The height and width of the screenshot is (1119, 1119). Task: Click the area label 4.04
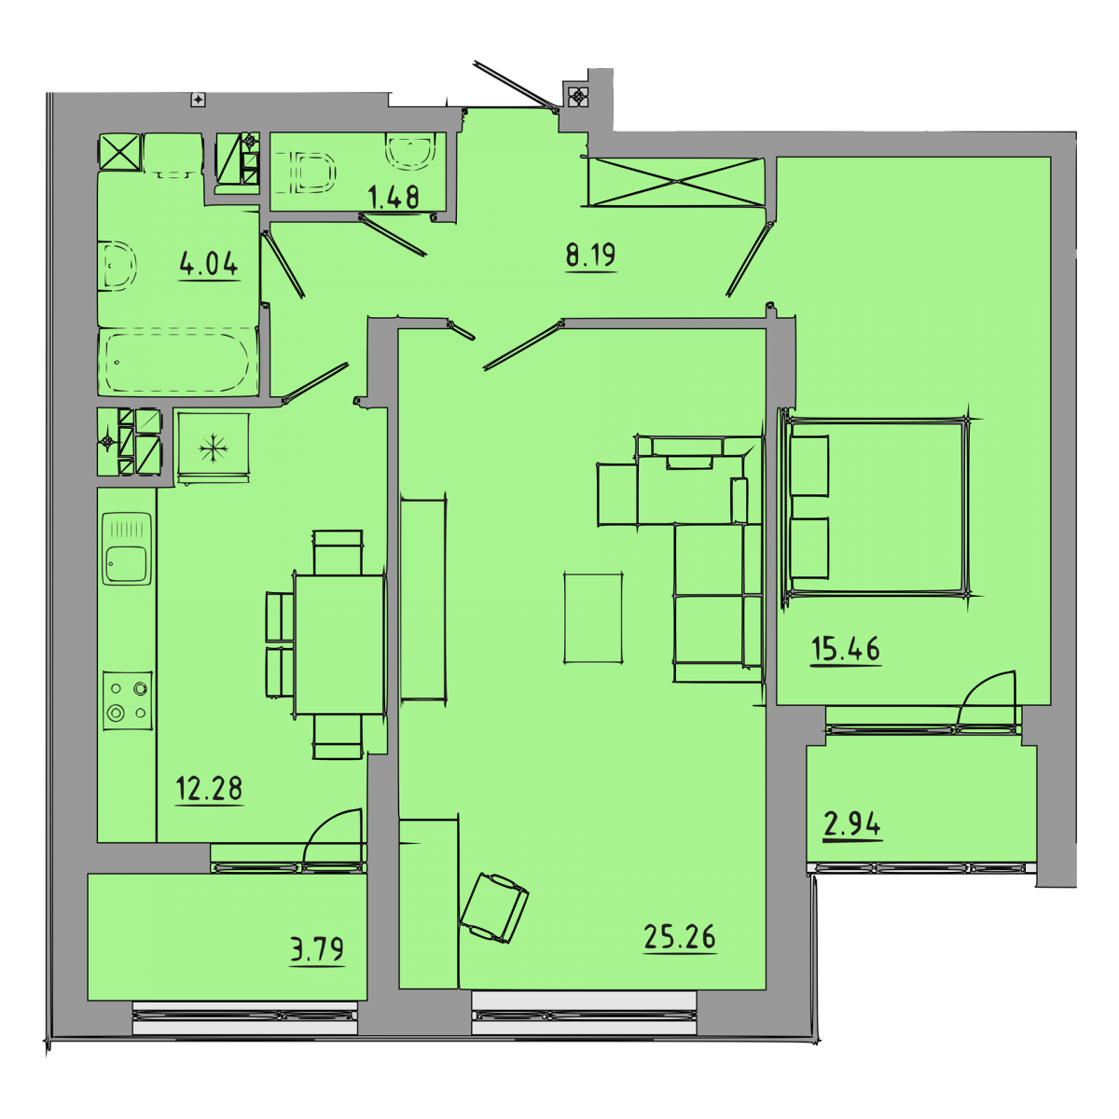(x=209, y=264)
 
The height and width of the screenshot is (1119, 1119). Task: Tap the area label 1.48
(x=394, y=198)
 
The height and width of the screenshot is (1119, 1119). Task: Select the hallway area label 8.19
(x=590, y=255)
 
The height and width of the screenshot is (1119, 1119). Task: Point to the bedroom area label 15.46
(x=846, y=649)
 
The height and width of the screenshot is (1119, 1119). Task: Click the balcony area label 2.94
(x=852, y=824)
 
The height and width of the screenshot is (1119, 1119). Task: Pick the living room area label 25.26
(x=680, y=936)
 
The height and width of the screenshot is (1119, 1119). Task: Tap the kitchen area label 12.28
(x=209, y=789)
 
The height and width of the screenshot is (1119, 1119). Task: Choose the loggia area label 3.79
(x=317, y=949)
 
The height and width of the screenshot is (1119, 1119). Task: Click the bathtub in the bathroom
(x=178, y=362)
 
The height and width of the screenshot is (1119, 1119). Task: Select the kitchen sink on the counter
(x=127, y=548)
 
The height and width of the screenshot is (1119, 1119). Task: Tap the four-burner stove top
(x=128, y=701)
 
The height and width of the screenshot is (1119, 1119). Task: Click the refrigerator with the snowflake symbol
(x=214, y=448)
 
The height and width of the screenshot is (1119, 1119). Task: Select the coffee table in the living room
(x=593, y=618)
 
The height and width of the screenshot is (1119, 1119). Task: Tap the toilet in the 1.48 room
(x=307, y=173)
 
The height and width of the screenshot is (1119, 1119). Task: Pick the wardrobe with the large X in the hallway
(x=676, y=181)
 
